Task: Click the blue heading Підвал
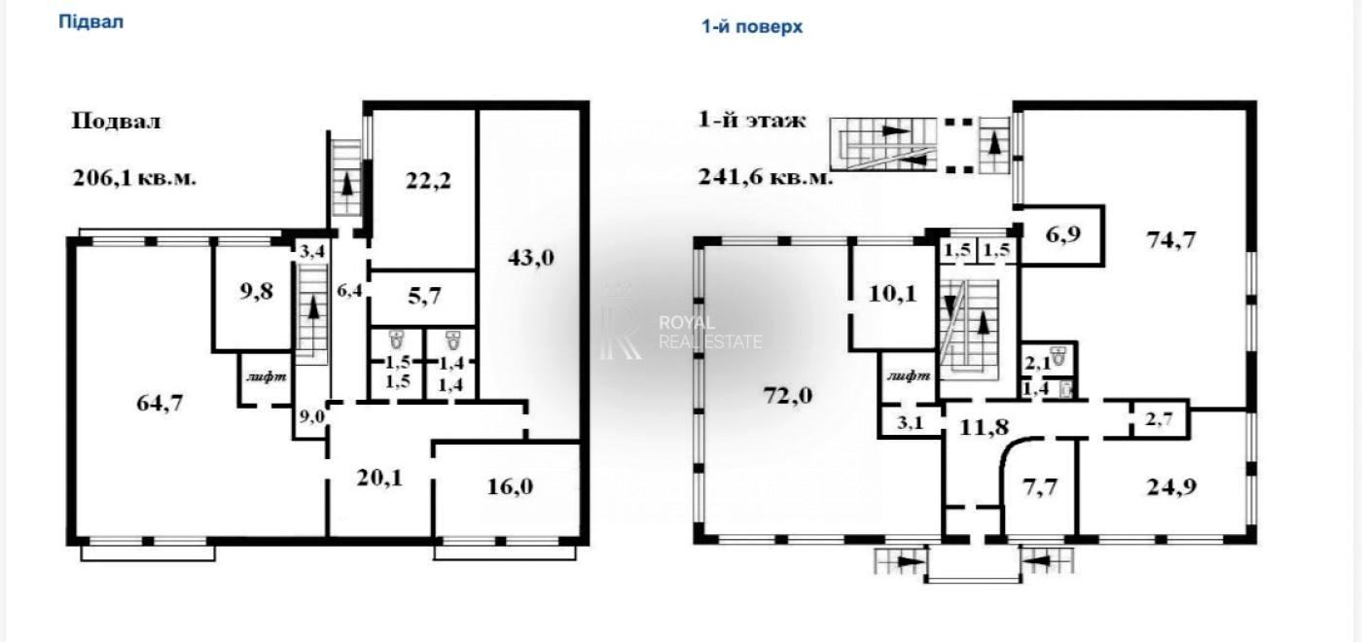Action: [x=90, y=21]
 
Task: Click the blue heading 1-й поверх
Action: [x=752, y=27]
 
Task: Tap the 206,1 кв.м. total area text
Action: [x=134, y=179]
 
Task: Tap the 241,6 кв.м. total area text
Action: [x=765, y=177]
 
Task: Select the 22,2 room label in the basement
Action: [x=428, y=181]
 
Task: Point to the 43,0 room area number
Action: [x=531, y=258]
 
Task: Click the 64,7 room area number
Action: [x=160, y=403]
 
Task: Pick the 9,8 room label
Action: [x=257, y=292]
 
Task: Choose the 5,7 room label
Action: [x=424, y=297]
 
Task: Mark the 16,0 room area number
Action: [x=510, y=486]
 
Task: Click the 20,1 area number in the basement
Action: [x=379, y=478]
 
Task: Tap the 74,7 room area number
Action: [x=1171, y=240]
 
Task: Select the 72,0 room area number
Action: [x=787, y=396]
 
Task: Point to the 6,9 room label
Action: [x=1062, y=234]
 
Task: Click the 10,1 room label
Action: [x=893, y=294]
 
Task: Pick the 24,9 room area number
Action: [x=1171, y=486]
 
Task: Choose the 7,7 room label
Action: [x=1040, y=487]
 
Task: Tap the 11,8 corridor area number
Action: [x=984, y=427]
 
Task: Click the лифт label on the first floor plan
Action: [x=909, y=375]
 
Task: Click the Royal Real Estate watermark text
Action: [x=709, y=333]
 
